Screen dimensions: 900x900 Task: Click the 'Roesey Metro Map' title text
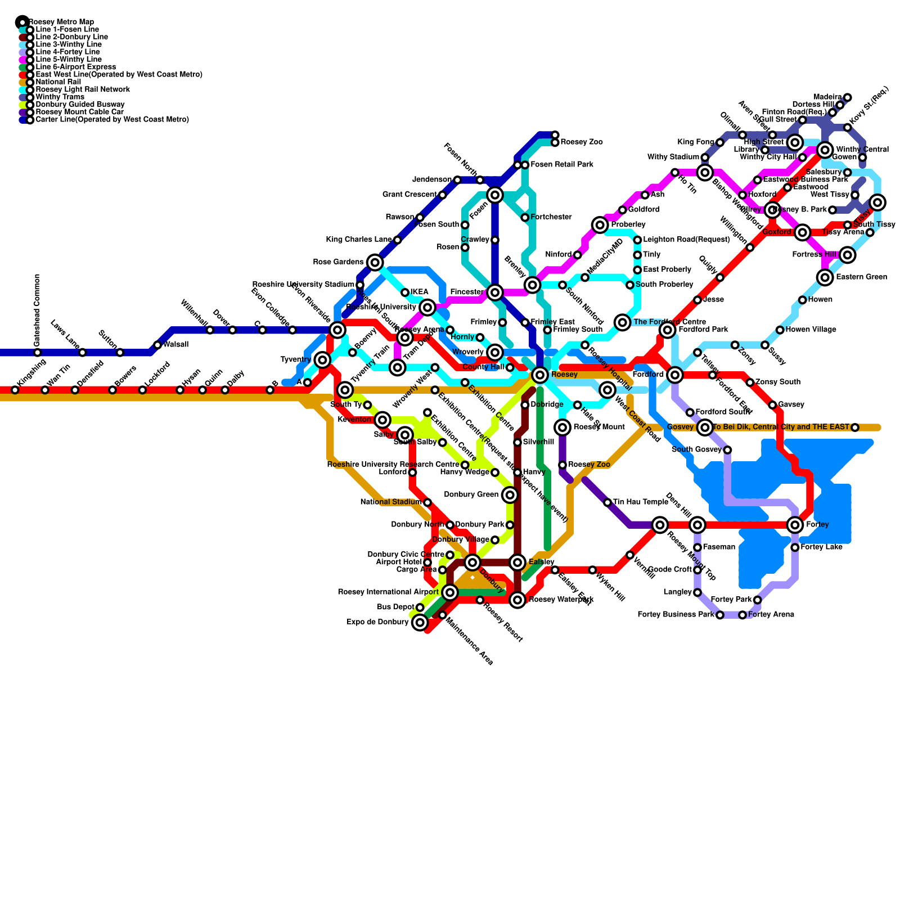coord(61,22)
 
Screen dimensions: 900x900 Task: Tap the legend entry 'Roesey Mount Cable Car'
coord(79,112)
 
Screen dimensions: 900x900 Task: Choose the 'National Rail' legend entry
coord(58,82)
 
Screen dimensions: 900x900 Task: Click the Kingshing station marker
coord(15,390)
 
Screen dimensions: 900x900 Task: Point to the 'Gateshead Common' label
coord(37,310)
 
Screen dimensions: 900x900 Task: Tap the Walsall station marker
coord(157,345)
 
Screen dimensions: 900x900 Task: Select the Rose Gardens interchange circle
coord(375,262)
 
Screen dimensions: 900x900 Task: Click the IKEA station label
coord(419,292)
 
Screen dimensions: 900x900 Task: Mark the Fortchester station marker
coord(525,218)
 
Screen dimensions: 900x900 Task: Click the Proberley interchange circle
coord(600,225)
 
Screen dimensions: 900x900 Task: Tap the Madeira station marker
coord(848,97)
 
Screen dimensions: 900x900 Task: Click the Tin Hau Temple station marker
coord(607,502)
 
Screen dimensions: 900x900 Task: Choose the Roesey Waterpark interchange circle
coord(517,600)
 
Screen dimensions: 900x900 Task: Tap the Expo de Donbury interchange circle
coord(420,623)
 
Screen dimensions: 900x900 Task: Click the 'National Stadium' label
coord(390,502)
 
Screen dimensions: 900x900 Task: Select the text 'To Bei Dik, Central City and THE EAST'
coord(781,427)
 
